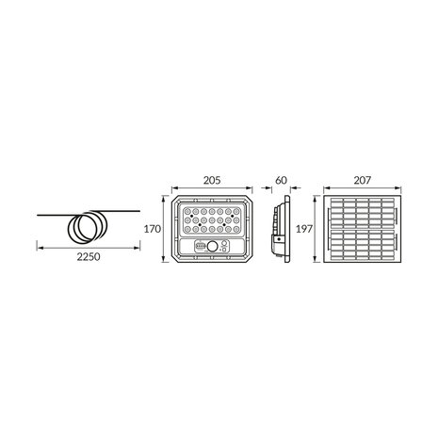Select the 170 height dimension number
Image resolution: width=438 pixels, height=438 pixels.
(154, 229)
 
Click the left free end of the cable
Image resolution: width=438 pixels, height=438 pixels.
(39, 217)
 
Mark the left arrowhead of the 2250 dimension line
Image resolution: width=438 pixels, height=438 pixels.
(39, 248)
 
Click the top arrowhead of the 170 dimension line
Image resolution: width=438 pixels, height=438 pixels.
(167, 200)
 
